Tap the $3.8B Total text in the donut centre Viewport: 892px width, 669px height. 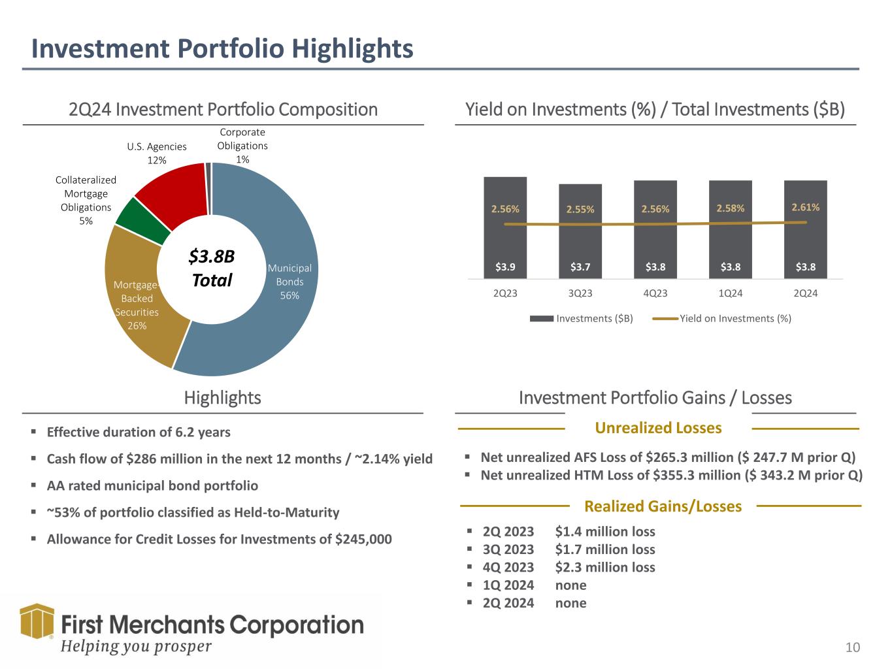tap(211, 269)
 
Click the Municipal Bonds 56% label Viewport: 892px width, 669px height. tap(289, 282)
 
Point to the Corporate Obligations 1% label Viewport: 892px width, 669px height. tap(242, 146)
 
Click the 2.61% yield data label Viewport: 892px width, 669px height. tap(806, 207)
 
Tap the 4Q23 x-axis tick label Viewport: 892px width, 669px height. tap(655, 293)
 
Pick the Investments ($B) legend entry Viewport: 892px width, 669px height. tap(582, 318)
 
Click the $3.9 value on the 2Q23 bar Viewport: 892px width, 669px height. tap(505, 267)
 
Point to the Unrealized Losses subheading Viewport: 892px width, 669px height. tap(658, 428)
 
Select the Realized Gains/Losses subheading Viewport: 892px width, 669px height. tap(663, 506)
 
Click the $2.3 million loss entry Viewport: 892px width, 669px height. tap(604, 567)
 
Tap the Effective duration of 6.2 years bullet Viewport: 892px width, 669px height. tap(139, 432)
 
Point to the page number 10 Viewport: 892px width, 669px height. tap(853, 647)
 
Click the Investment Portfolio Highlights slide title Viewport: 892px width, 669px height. tap(223, 49)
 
